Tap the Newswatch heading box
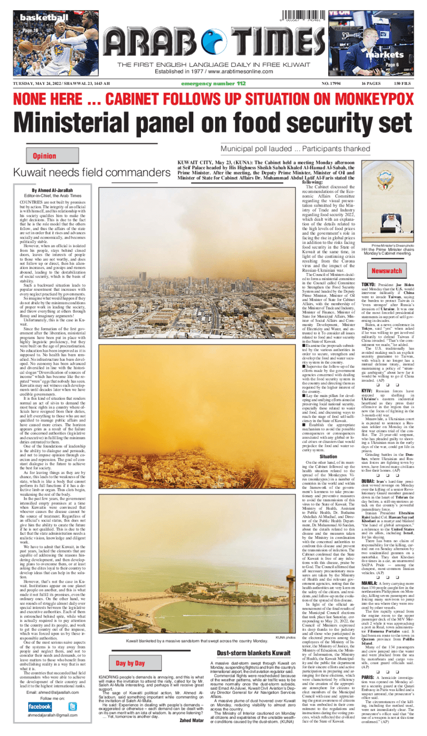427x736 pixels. click(x=386, y=271)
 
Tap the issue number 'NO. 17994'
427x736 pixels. click(x=333, y=84)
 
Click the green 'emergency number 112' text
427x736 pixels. click(x=213, y=84)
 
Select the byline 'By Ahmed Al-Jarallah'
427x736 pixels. click(x=52, y=191)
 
